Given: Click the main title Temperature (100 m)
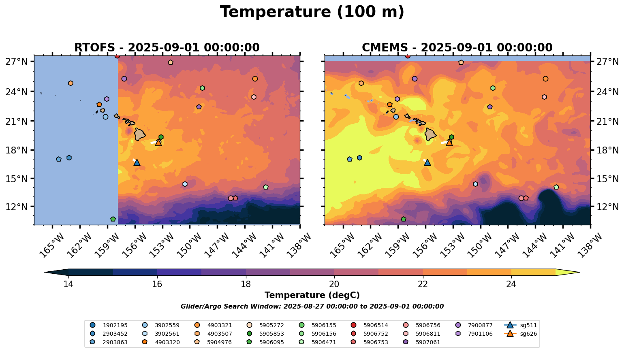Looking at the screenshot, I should pyautogui.click(x=312, y=12).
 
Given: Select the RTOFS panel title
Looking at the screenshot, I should pyautogui.click(x=167, y=47).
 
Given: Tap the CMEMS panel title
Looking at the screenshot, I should pyautogui.click(x=457, y=47).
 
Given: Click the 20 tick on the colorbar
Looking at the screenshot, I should pyautogui.click(x=334, y=284).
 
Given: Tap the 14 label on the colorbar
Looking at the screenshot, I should pyautogui.click(x=68, y=284).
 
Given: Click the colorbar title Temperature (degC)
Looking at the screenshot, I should pyautogui.click(x=312, y=295).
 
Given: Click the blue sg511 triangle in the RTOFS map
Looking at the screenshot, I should pyautogui.click(x=137, y=162).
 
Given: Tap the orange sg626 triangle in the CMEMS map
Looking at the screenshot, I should pyautogui.click(x=449, y=143).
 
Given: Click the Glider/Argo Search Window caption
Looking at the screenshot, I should pyautogui.click(x=312, y=307).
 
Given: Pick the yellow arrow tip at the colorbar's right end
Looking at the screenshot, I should pyautogui.click(x=575, y=273).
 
